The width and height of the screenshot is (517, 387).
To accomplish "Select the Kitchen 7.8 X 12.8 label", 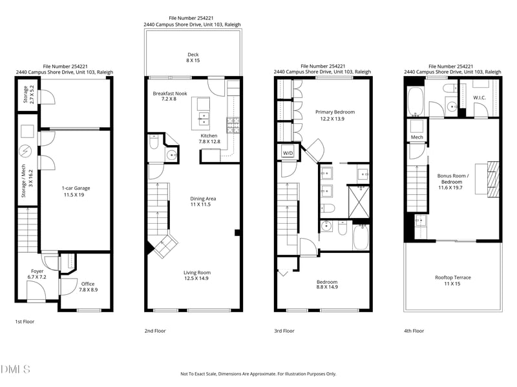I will pos(209,139).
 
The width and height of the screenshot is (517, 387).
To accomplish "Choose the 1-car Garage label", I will pos(76,192).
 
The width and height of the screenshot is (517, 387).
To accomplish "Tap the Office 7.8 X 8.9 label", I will pos(88,287).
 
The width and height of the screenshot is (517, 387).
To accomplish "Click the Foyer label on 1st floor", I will pos(37,274).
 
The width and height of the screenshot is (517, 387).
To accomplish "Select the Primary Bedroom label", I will pos(335,115).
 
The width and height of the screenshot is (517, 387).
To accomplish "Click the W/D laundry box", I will pos(288,153).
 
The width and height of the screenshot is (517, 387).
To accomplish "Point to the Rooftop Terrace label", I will pos(453,281).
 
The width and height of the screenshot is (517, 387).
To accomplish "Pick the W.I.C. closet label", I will pos(480,98).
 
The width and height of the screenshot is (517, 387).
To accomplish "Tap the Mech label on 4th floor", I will pos(417,137).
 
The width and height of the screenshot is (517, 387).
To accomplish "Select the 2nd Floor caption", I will pos(155,331).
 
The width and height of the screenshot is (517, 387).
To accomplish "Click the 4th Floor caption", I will pos(414,331).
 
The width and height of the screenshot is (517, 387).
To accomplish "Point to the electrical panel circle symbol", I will pos(25,152).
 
